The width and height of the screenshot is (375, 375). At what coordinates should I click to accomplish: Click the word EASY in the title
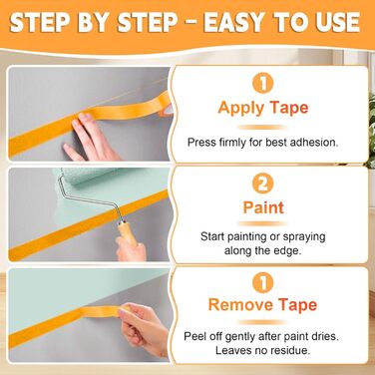(235, 22)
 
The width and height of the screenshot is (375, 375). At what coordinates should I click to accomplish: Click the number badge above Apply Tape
(262, 83)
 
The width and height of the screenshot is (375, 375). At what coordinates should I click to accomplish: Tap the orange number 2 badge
(262, 184)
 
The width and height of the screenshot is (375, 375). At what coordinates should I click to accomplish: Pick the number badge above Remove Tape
(262, 282)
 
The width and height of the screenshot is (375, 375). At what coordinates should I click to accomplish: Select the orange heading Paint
(263, 207)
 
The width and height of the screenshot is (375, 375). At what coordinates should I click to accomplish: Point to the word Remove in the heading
(240, 305)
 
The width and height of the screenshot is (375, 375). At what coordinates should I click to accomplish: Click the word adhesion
(314, 143)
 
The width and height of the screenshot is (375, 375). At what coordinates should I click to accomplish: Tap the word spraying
(304, 237)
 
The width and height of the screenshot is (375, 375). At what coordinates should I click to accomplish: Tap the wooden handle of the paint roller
(128, 233)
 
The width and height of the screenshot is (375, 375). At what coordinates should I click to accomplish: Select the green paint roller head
(87, 176)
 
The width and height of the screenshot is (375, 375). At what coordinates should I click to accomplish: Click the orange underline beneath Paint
(262, 223)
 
